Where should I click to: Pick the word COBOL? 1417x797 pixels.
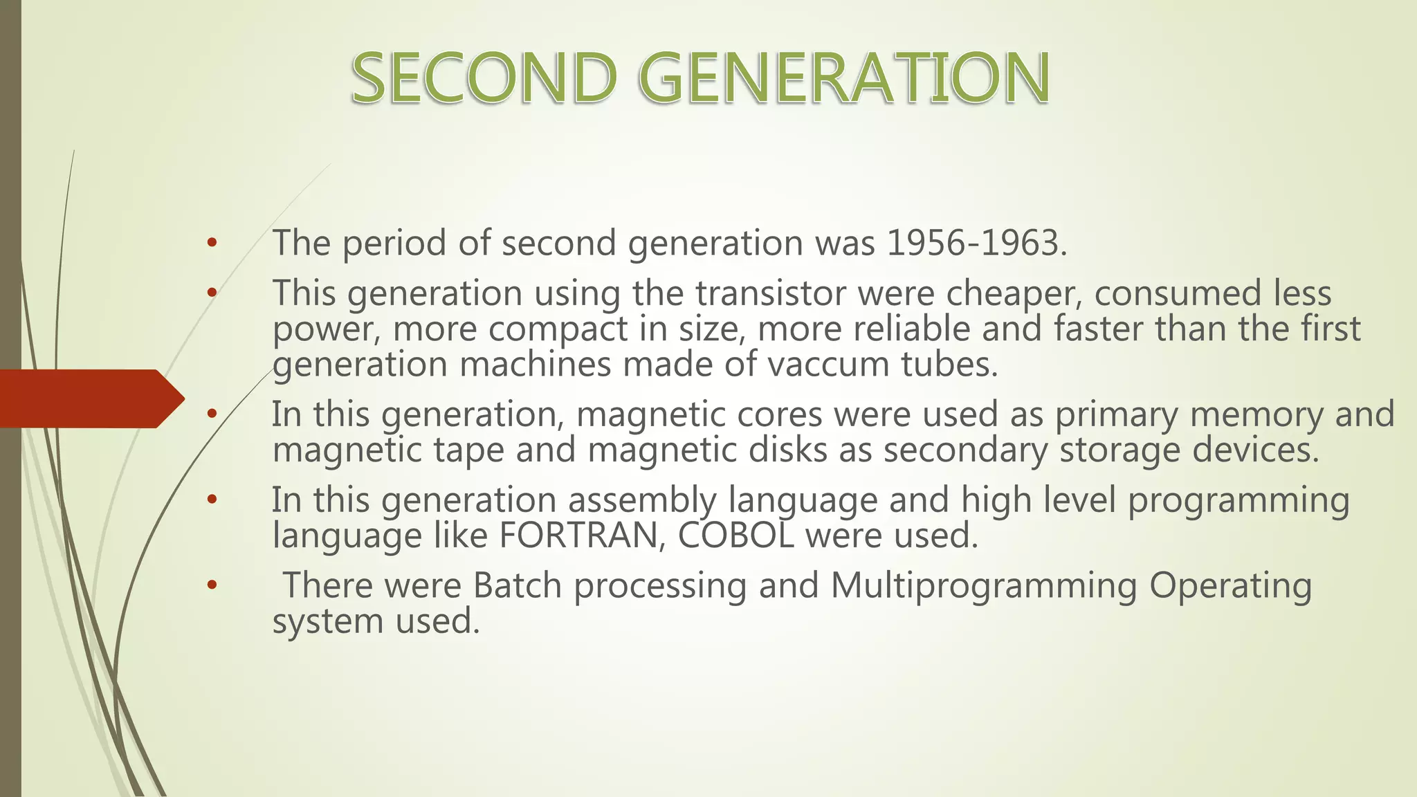click(x=735, y=535)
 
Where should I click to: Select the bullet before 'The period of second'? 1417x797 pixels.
click(x=212, y=243)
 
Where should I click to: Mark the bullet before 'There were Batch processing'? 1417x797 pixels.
click(x=212, y=585)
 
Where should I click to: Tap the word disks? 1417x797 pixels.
click(x=787, y=450)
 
